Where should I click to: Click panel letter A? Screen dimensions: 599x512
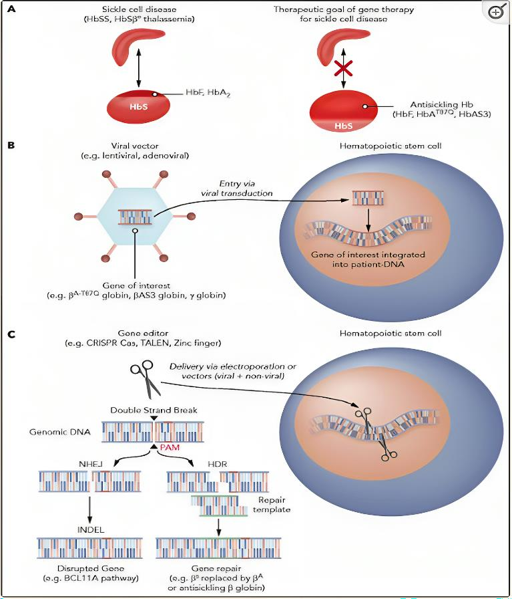[10, 10]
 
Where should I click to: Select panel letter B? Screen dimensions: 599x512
[10, 144]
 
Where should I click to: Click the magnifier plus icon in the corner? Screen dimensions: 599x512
[497, 13]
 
